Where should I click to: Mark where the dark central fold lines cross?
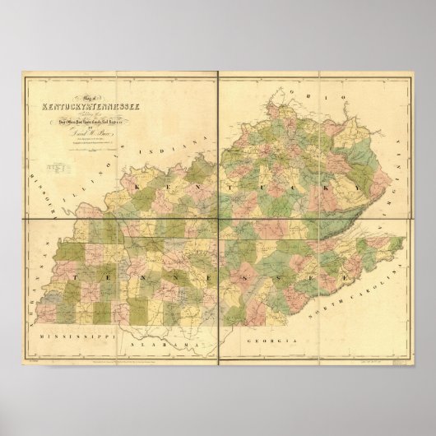(x=218, y=216)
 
